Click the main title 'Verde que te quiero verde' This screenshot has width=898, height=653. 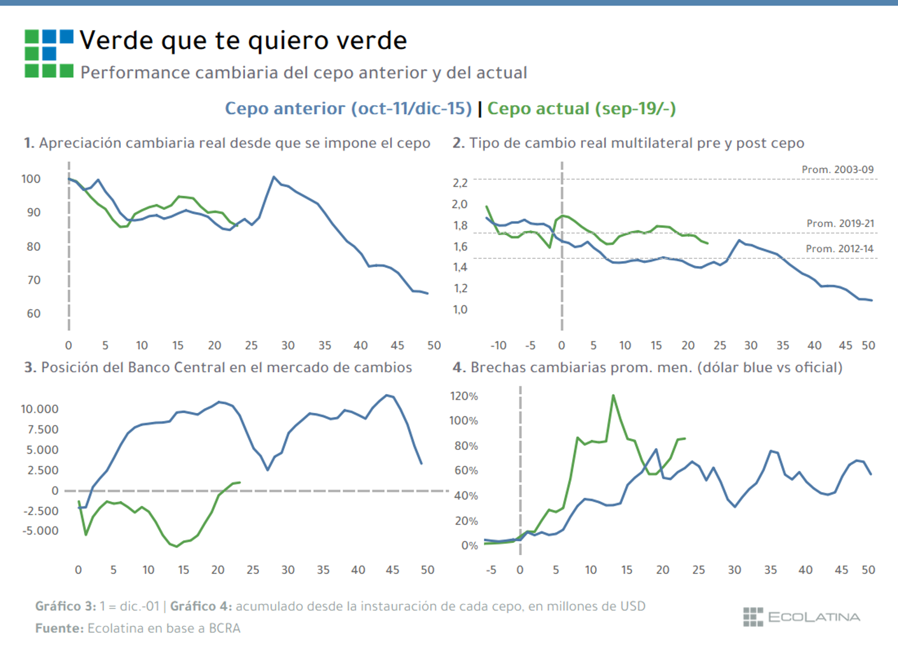(243, 41)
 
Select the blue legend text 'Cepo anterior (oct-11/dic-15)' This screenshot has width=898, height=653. (348, 109)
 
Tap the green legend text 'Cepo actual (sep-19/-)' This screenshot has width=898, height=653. (581, 109)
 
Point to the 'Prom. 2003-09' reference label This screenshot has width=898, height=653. (837, 170)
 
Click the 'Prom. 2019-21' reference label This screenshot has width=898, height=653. (840, 224)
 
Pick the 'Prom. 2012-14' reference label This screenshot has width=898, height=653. (839, 249)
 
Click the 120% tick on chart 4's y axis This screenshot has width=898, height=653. (464, 397)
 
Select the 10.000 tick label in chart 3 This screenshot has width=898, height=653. (40, 409)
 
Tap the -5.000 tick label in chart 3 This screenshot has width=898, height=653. (41, 531)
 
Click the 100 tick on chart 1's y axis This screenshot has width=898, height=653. (31, 179)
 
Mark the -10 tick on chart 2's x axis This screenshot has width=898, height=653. (498, 346)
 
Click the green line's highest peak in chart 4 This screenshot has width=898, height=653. (613, 395)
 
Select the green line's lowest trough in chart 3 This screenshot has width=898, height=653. (177, 546)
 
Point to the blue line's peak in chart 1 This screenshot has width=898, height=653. (274, 177)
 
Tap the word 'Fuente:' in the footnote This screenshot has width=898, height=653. (59, 629)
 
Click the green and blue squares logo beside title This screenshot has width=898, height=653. (49, 54)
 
